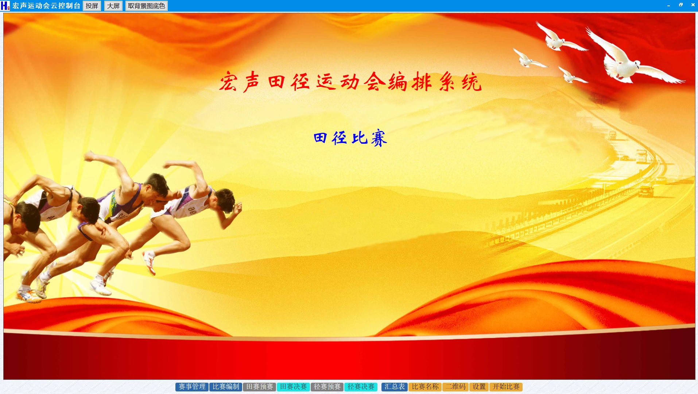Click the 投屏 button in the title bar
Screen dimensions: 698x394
coord(92,6)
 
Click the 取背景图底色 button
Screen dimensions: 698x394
coord(147,6)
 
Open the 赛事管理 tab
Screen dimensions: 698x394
coord(192,387)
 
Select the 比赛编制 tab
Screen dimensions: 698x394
coord(226,387)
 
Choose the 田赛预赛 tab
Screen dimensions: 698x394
coord(260,387)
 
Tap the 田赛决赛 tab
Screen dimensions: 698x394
coord(294,387)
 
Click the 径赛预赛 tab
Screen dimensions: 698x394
coord(327,387)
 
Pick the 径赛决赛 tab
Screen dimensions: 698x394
coord(361,387)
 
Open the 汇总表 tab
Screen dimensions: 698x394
coord(395,387)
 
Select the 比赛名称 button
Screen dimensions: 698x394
coord(425,387)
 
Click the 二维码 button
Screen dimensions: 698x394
coord(455,387)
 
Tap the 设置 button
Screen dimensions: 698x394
coord(479,387)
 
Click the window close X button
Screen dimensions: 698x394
coord(693,5)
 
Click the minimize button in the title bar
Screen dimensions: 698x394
coord(668,5)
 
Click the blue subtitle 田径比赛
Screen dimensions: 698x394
coord(350,138)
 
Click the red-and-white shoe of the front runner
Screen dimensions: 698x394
coord(149,262)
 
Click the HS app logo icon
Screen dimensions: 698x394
coord(5,5)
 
